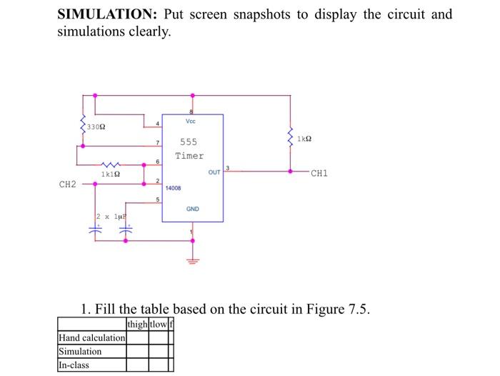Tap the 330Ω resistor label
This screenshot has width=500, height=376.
[96, 127]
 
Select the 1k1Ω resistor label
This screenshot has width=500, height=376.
[110, 174]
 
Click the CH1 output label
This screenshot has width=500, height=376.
[319, 172]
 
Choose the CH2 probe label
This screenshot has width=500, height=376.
[67, 184]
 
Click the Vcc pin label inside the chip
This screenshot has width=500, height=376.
[190, 122]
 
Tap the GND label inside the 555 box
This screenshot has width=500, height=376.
[193, 209]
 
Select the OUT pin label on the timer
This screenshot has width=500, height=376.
[214, 172]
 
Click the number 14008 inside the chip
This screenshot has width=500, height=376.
[174, 188]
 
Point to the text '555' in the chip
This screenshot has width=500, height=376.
[189, 142]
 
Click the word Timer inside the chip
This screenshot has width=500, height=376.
[189, 155]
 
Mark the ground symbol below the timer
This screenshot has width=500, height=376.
[191, 260]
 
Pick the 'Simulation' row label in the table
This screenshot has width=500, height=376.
[80, 351]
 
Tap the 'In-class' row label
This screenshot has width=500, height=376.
[74, 365]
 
